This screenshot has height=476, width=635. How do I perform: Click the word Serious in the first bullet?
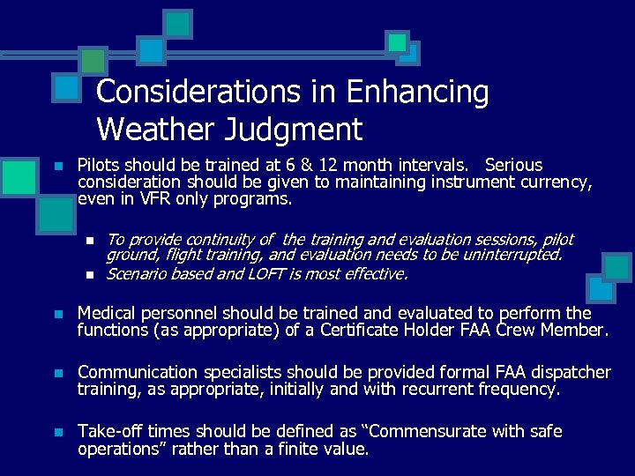tap(514, 165)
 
